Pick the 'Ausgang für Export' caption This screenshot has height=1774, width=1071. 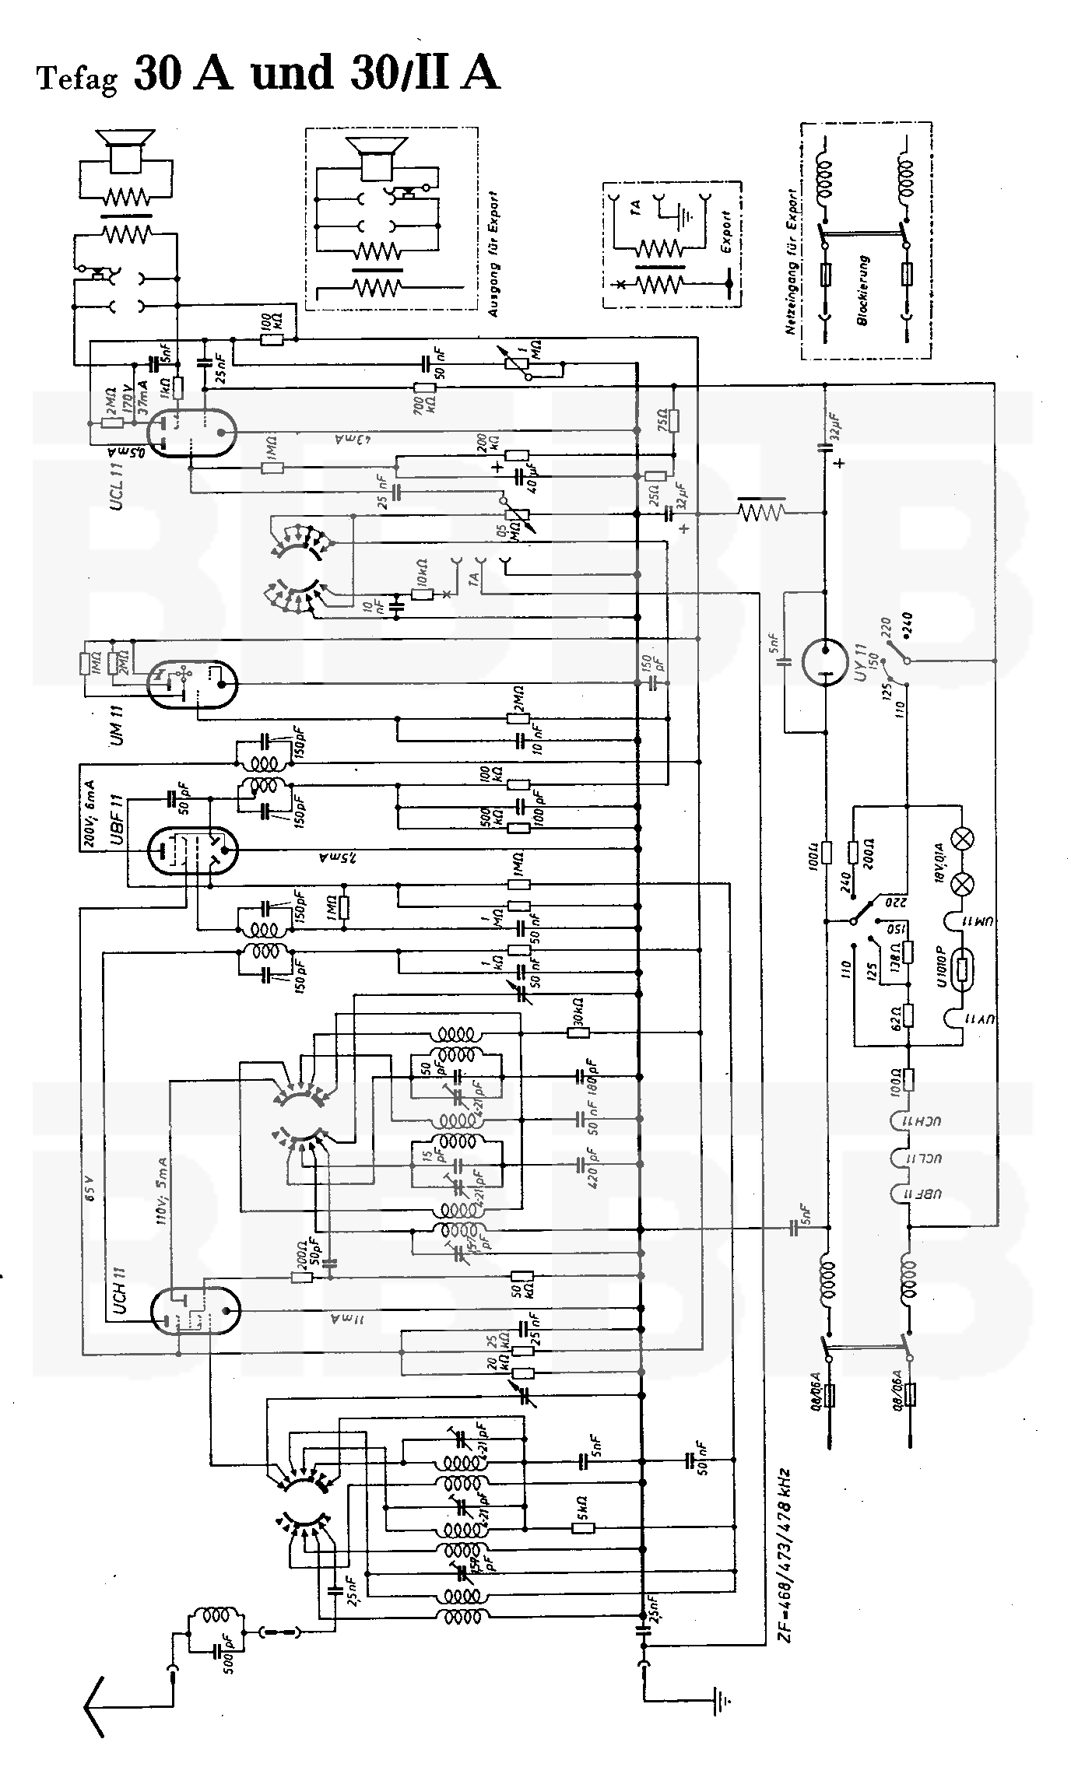[x=492, y=254]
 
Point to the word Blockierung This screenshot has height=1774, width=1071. [x=864, y=290]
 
